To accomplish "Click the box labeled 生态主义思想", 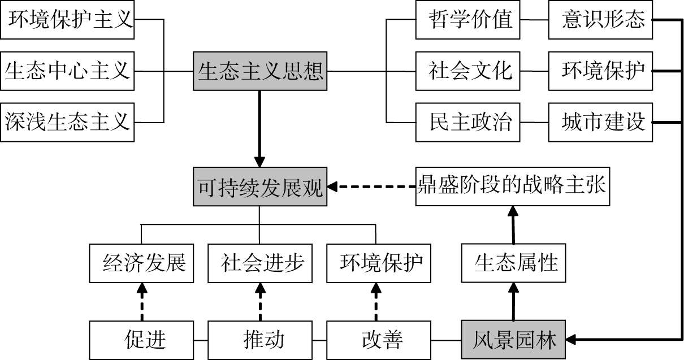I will pos(259,71).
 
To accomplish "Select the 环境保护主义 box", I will pos(68,20).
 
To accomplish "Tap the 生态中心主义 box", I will pos(68,71).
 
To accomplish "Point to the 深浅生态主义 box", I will pos(68,122).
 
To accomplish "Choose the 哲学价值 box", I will pos(468,20).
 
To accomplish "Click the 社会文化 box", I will pos(468,71).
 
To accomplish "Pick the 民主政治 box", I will pos(468,122).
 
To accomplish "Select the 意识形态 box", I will pos(600,20).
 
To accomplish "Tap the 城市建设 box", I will pos(600,122).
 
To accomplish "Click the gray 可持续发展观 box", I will pos(259,186).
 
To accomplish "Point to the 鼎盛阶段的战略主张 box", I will pos(512,185).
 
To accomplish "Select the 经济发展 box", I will pos(141,263).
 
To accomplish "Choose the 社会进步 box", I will pos(260,263).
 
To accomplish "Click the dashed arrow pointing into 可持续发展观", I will pos(373,186).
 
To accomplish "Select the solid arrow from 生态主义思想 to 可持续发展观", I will pos(259,128).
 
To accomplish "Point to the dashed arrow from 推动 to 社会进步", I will pos(260,302).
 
